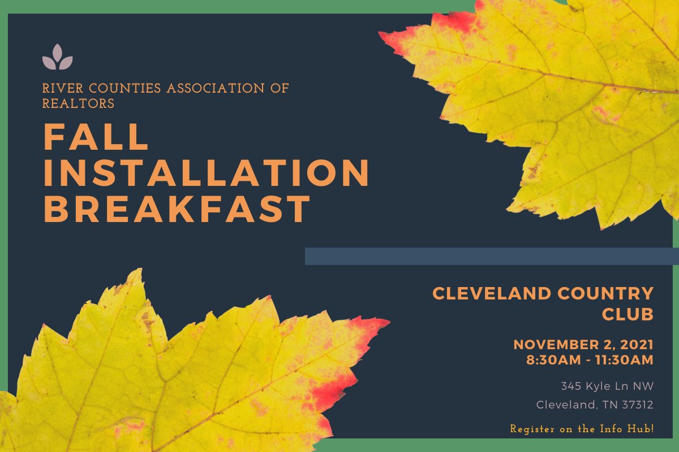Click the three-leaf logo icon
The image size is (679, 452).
click(57, 57)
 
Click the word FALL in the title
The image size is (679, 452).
click(96, 137)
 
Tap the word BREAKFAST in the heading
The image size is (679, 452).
click(177, 208)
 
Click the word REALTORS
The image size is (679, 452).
click(78, 103)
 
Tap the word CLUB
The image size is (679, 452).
click(628, 315)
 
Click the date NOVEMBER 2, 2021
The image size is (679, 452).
click(583, 345)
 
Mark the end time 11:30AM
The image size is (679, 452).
click(620, 359)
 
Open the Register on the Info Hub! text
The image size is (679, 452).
click(582, 429)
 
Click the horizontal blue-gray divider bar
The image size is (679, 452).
click(491, 256)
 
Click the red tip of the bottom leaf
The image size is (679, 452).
click(362, 328)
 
